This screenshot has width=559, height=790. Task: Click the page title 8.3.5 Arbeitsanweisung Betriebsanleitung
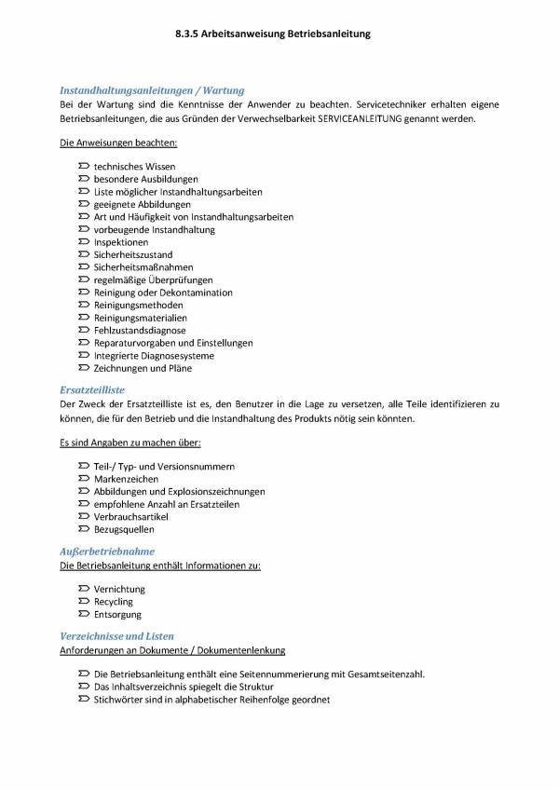pyautogui.click(x=272, y=34)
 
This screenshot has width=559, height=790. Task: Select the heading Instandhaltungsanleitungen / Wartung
pyautogui.click(x=152, y=90)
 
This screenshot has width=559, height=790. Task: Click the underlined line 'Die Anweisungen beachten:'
pyautogui.click(x=118, y=143)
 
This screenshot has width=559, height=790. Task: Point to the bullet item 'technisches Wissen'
pyautogui.click(x=134, y=166)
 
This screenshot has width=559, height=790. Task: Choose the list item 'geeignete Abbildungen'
pyautogui.click(x=142, y=204)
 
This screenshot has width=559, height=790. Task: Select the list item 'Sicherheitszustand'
pyautogui.click(x=132, y=254)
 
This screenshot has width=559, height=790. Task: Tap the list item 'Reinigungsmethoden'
pyautogui.click(x=138, y=305)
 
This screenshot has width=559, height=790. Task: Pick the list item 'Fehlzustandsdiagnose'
pyautogui.click(x=140, y=330)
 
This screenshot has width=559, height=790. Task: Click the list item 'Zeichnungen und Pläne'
pyautogui.click(x=143, y=368)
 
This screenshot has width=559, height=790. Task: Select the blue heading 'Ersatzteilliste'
pyautogui.click(x=91, y=389)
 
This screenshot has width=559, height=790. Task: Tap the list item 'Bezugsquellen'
pyautogui.click(x=124, y=529)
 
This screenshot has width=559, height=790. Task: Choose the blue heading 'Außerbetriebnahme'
pyautogui.click(x=107, y=552)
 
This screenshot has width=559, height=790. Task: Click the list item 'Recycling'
pyautogui.click(x=113, y=602)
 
